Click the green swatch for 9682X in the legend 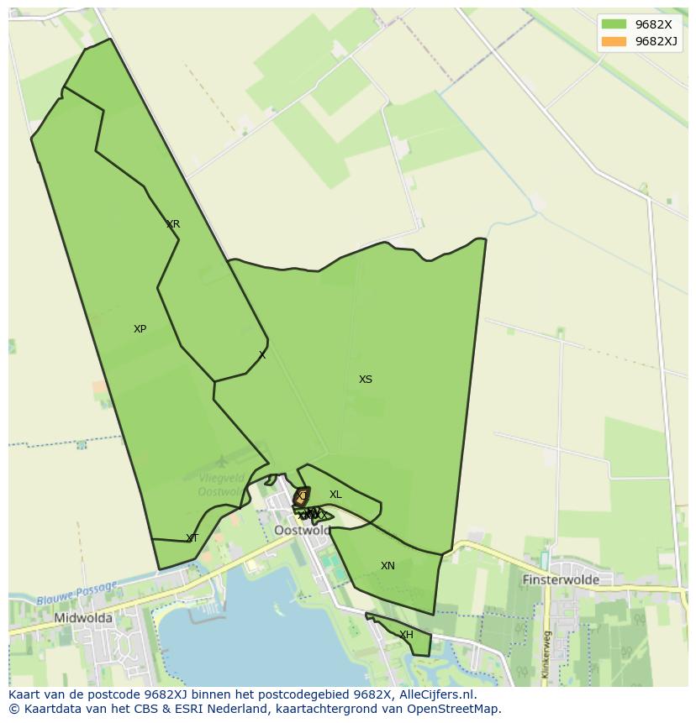614,24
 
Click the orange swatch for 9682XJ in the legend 614,41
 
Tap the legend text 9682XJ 656,41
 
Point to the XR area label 173,224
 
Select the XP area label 140,329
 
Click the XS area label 365,380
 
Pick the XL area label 335,495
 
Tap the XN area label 388,566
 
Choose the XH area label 406,635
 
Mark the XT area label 192,538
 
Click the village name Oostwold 302,531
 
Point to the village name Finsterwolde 561,579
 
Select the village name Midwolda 83,618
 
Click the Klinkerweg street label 546,654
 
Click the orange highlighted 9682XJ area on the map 301,497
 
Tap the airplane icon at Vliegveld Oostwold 221,461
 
